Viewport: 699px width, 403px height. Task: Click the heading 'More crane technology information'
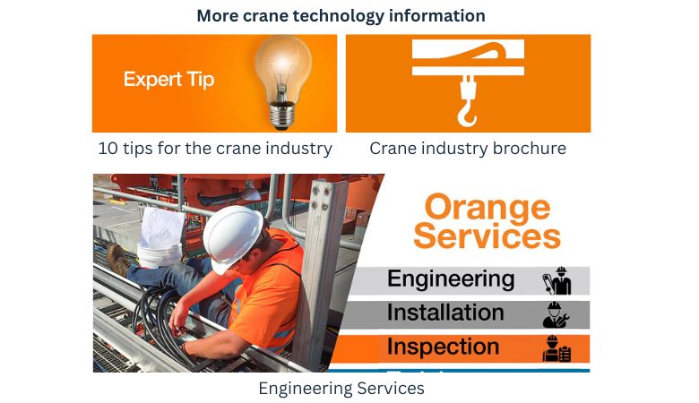341,16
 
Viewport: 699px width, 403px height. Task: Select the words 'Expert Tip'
168,79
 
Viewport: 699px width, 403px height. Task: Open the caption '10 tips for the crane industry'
215,149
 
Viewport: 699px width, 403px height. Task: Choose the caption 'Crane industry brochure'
468,149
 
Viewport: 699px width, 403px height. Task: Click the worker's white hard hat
232,234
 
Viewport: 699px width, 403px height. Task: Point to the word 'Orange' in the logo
488,207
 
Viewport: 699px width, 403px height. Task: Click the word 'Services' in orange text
487,236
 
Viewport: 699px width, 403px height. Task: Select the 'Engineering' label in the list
451,279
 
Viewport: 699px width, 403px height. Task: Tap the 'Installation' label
445,313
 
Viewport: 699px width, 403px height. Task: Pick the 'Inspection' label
443,347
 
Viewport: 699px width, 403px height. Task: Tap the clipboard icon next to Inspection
557,347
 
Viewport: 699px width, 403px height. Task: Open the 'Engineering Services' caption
341,389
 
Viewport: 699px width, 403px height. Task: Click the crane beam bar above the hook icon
468,57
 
